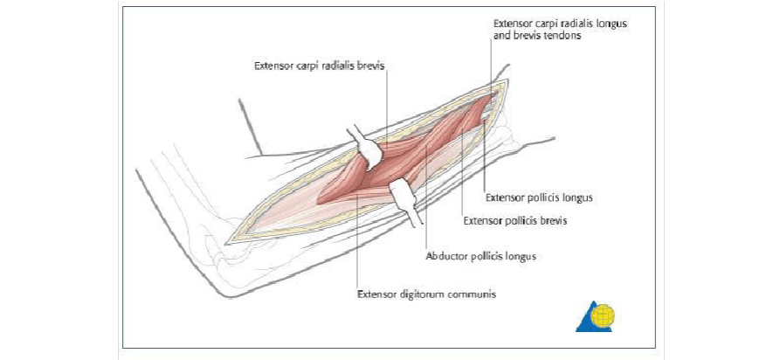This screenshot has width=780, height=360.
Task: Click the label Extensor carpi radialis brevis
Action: [319, 66]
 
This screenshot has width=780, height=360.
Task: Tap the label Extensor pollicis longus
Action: [539, 197]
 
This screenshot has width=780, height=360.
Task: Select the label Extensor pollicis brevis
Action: [515, 221]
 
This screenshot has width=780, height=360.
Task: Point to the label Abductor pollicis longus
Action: [480, 257]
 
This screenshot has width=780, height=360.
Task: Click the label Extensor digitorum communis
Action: [426, 294]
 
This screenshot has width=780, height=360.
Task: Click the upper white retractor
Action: [367, 149]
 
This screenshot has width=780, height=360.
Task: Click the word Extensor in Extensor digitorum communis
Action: [376, 294]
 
